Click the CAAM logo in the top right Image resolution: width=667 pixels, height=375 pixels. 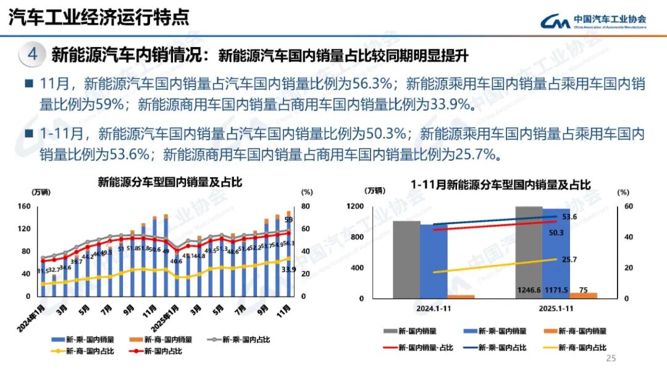coord(593,21)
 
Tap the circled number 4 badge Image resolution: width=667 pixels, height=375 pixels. coord(33,54)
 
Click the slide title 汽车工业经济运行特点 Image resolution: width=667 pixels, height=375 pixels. coord(98,17)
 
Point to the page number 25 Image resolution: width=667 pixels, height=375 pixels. coord(611,359)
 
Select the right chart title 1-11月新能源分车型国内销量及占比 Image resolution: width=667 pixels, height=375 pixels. coord(501,184)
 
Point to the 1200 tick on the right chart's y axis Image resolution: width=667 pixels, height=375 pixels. coord(372,206)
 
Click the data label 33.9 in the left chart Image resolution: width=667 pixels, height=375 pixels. coord(288,269)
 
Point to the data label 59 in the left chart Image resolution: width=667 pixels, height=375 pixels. coord(288,219)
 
